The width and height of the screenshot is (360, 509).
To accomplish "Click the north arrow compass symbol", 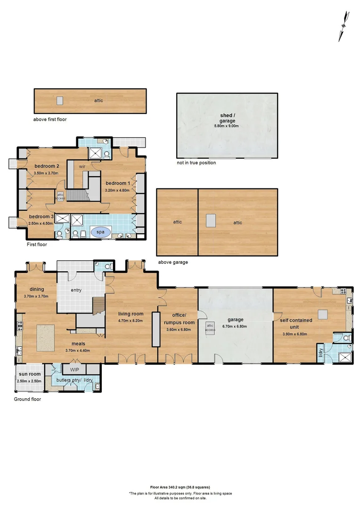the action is pyautogui.click(x=344, y=26).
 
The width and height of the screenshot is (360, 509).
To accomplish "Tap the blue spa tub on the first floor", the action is pyautogui.click(x=101, y=232).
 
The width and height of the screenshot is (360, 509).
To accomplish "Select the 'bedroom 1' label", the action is pyautogui.click(x=118, y=183).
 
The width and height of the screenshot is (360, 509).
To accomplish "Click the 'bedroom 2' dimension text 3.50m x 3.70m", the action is pyautogui.click(x=46, y=173).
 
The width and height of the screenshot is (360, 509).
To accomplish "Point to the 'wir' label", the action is pyautogui.click(x=82, y=166).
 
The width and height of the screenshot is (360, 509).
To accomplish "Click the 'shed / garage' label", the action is pyautogui.click(x=227, y=118).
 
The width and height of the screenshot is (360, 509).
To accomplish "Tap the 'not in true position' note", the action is pyautogui.click(x=196, y=163).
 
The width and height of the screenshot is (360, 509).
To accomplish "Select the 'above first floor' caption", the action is pyautogui.click(x=49, y=119).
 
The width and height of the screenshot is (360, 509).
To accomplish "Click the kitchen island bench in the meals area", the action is pyautogui.click(x=45, y=338).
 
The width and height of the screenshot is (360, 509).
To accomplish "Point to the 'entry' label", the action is pyautogui.click(x=76, y=290).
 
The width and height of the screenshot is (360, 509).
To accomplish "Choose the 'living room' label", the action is pyautogui.click(x=131, y=314).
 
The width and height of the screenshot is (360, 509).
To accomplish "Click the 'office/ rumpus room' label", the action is pyautogui.click(x=179, y=319).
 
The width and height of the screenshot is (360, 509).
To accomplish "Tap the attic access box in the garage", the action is pyautogui.click(x=210, y=328).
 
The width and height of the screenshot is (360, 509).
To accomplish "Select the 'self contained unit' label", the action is pyautogui.click(x=296, y=323).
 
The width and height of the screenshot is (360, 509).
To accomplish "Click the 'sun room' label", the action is pyautogui.click(x=30, y=374).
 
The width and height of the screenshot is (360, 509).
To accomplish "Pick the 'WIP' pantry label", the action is pyautogui.click(x=74, y=370).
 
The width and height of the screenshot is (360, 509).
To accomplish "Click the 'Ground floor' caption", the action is pyautogui.click(x=27, y=399).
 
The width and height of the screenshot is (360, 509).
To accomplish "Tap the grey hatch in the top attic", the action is pyautogui.click(x=60, y=101).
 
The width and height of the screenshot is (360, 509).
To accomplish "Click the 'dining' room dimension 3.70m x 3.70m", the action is pyautogui.click(x=36, y=296).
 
